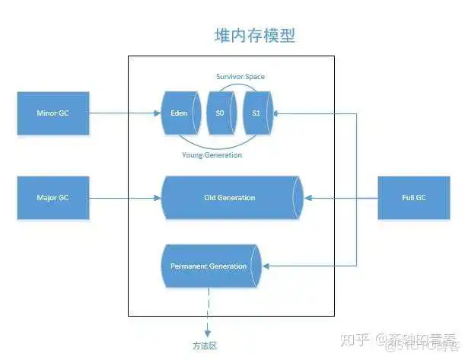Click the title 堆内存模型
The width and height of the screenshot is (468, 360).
253,35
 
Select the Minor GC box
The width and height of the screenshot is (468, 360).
53,113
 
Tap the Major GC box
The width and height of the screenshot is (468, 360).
53,197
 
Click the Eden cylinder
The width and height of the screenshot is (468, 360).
180,113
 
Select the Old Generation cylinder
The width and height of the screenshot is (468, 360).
231,197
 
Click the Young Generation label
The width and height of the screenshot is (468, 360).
212,155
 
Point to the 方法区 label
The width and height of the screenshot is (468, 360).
205,345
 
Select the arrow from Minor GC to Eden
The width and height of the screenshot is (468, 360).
125,113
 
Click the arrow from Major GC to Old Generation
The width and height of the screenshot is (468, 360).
125,197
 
